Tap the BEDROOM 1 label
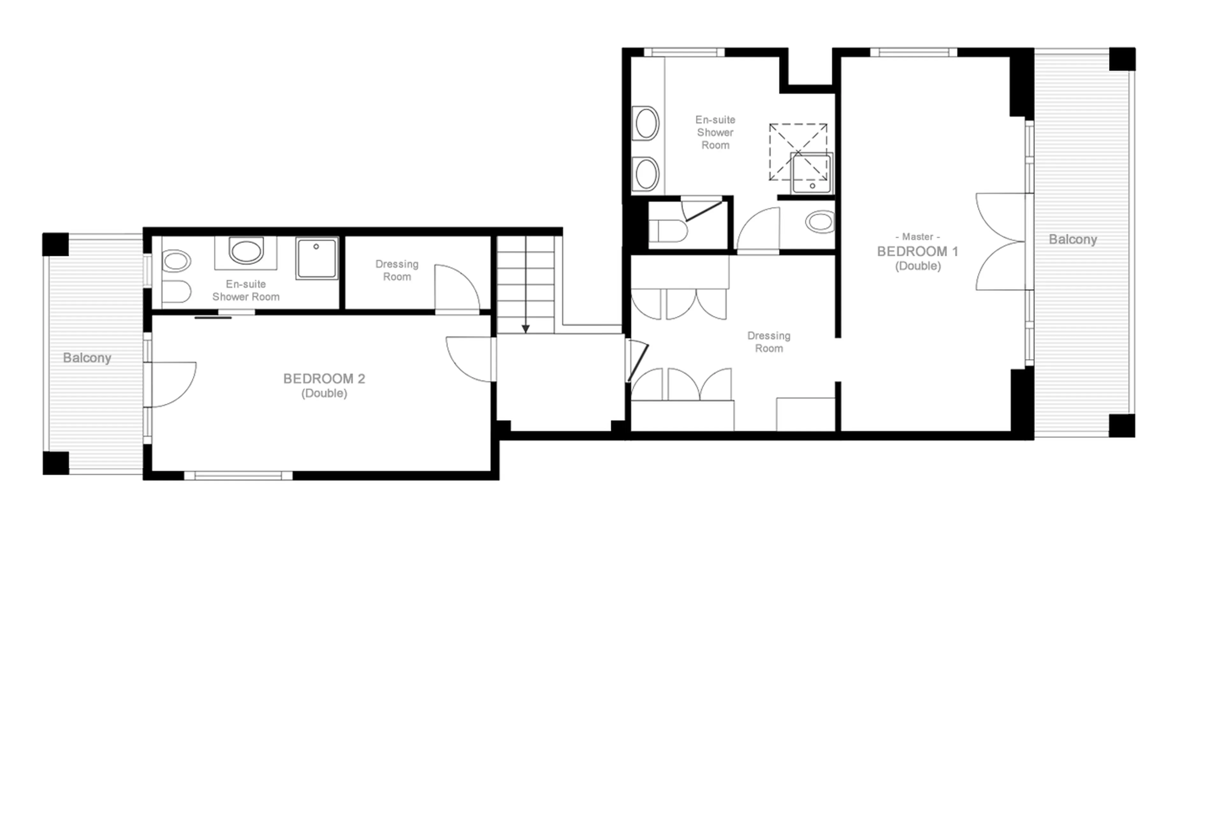(x=917, y=252)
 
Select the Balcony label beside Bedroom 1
(x=1073, y=239)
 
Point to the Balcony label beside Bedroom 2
(x=87, y=358)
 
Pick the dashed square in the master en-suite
(x=798, y=152)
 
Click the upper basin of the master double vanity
(x=646, y=123)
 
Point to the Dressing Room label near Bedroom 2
(x=397, y=270)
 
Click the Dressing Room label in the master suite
(x=768, y=342)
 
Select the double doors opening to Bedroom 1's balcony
(x=1000, y=242)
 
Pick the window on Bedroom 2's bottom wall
(x=238, y=475)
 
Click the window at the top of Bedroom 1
(x=913, y=52)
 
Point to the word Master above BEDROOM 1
(x=917, y=237)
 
